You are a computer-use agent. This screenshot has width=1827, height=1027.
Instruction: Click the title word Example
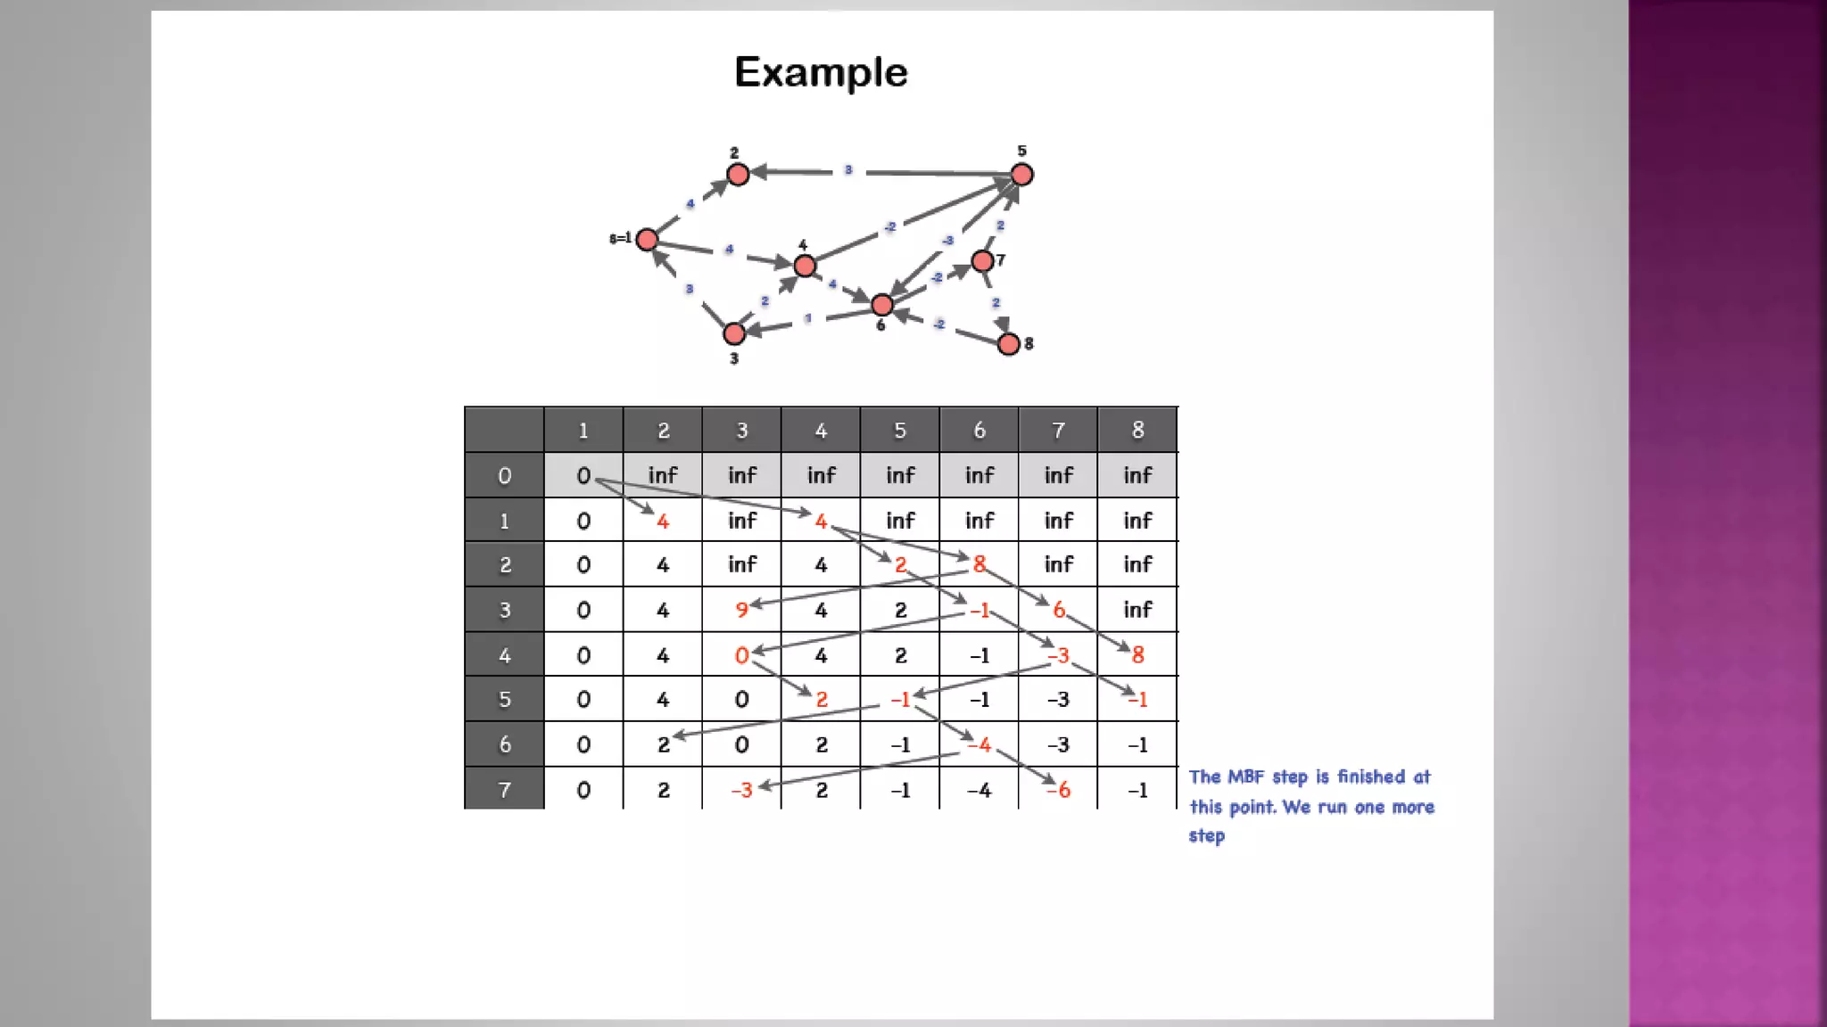pyautogui.click(x=821, y=72)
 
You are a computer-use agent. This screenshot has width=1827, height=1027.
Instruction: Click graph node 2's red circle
pyautogui.click(x=738, y=175)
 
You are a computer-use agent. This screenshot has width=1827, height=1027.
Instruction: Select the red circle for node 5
pyautogui.click(x=1022, y=175)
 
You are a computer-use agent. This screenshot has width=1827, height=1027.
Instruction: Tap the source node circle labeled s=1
pyautogui.click(x=648, y=240)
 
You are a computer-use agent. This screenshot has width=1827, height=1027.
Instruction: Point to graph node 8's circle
pyautogui.click(x=1009, y=344)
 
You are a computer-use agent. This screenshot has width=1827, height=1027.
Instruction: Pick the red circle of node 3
pyautogui.click(x=734, y=333)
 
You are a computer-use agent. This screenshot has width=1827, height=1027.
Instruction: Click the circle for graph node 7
pyautogui.click(x=982, y=261)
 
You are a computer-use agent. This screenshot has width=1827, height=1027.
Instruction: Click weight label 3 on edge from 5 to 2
pyautogui.click(x=848, y=170)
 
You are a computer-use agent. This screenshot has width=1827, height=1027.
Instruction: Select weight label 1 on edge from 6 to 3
pyautogui.click(x=808, y=318)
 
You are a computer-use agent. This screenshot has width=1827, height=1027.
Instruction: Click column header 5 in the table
pyautogui.click(x=900, y=431)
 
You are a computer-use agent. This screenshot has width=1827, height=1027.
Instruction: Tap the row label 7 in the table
pyautogui.click(x=504, y=790)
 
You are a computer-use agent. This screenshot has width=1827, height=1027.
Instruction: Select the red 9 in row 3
pyautogui.click(x=741, y=610)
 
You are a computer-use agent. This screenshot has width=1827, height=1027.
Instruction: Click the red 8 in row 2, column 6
pyautogui.click(x=980, y=564)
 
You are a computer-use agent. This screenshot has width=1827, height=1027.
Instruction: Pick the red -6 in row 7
pyautogui.click(x=1059, y=790)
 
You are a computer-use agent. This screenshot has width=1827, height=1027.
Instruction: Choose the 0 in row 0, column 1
pyautogui.click(x=583, y=476)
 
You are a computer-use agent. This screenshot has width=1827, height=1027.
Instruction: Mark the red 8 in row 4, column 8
pyautogui.click(x=1137, y=655)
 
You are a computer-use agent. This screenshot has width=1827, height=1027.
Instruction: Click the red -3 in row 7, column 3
pyautogui.click(x=742, y=790)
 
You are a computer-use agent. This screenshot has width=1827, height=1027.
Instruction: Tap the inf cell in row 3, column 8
pyautogui.click(x=1137, y=610)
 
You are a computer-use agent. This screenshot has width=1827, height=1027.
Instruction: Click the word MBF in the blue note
pyautogui.click(x=1245, y=777)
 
